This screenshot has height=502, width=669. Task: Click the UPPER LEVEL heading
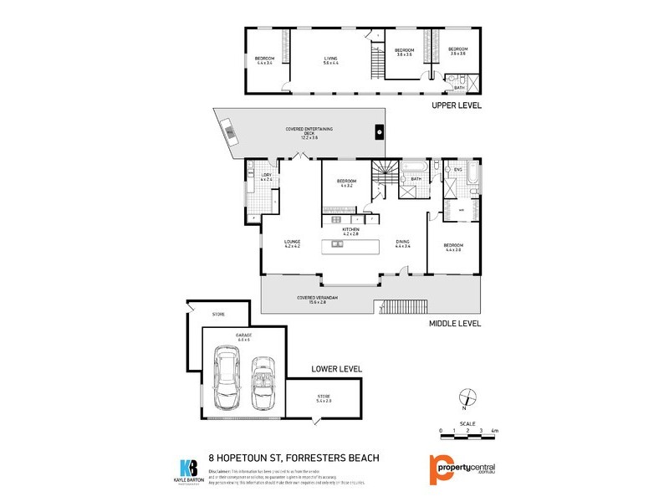pyautogui.click(x=455, y=107)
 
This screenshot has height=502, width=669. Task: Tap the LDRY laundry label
pyautogui.click(x=266, y=177)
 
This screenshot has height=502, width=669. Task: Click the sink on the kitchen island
pyautogui.click(x=338, y=244)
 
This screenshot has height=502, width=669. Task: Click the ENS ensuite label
pyautogui.click(x=457, y=171)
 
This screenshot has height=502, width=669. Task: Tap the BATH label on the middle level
pyautogui.click(x=416, y=178)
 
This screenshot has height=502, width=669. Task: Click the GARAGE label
pyautogui.click(x=244, y=336)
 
